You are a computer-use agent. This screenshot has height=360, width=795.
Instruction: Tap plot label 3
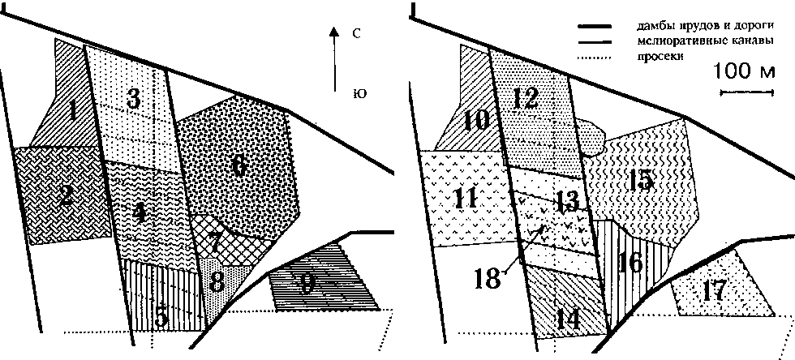pyautogui.click(x=135, y=100)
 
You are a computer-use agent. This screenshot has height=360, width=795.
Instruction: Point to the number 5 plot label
pyautogui.click(x=161, y=317)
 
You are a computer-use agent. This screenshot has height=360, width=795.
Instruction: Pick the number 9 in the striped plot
pyautogui.click(x=306, y=284)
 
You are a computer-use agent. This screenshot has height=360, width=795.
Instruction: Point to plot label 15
pyautogui.click(x=641, y=180)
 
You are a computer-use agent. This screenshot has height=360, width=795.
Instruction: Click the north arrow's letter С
pyautogui.click(x=356, y=34)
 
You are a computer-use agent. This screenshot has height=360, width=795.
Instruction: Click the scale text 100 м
pyautogui.click(x=744, y=73)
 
